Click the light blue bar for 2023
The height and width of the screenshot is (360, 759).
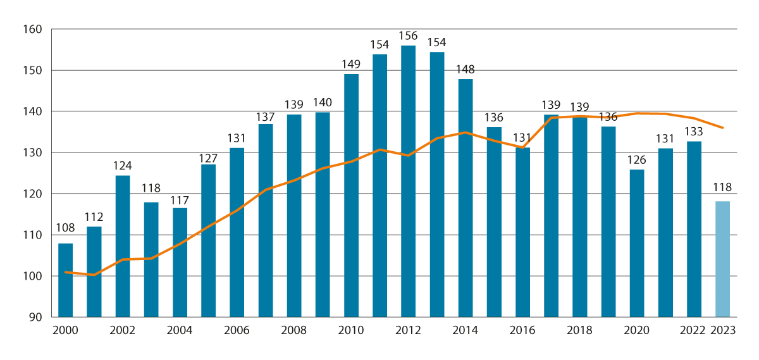tap(722, 259)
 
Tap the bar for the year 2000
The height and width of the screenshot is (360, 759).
tap(65, 280)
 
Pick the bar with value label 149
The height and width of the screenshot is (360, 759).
tap(351, 196)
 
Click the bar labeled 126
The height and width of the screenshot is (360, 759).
tap(637, 243)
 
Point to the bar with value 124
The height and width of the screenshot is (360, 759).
tap(122, 246)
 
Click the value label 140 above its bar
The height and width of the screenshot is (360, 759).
tap(323, 102)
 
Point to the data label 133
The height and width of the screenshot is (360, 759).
tap(694, 132)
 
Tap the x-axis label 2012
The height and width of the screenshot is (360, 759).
tap(408, 330)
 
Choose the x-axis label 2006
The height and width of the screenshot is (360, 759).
tap(237, 330)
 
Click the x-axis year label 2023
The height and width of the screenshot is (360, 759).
tap(722, 330)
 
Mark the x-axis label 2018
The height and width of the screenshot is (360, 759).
tap(579, 330)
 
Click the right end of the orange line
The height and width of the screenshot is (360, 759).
tap(723, 128)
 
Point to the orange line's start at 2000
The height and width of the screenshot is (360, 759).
tap(65, 272)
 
